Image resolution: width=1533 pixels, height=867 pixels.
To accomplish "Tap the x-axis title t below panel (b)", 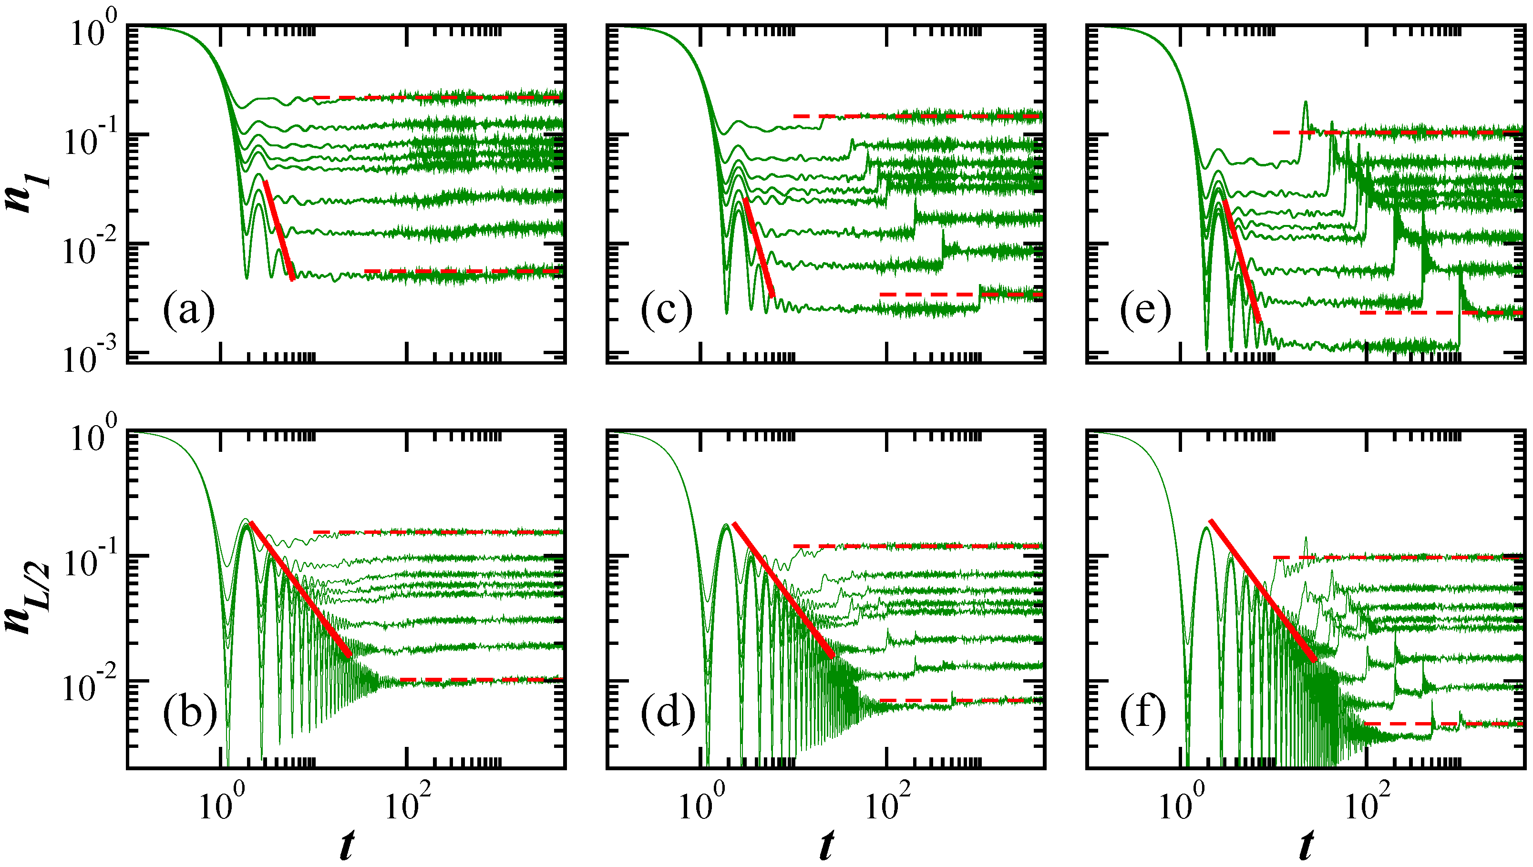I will [x=346, y=845].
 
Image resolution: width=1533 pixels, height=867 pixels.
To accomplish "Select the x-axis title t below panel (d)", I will [x=825, y=845].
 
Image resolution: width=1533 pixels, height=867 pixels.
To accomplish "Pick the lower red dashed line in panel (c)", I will [x=960, y=294].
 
